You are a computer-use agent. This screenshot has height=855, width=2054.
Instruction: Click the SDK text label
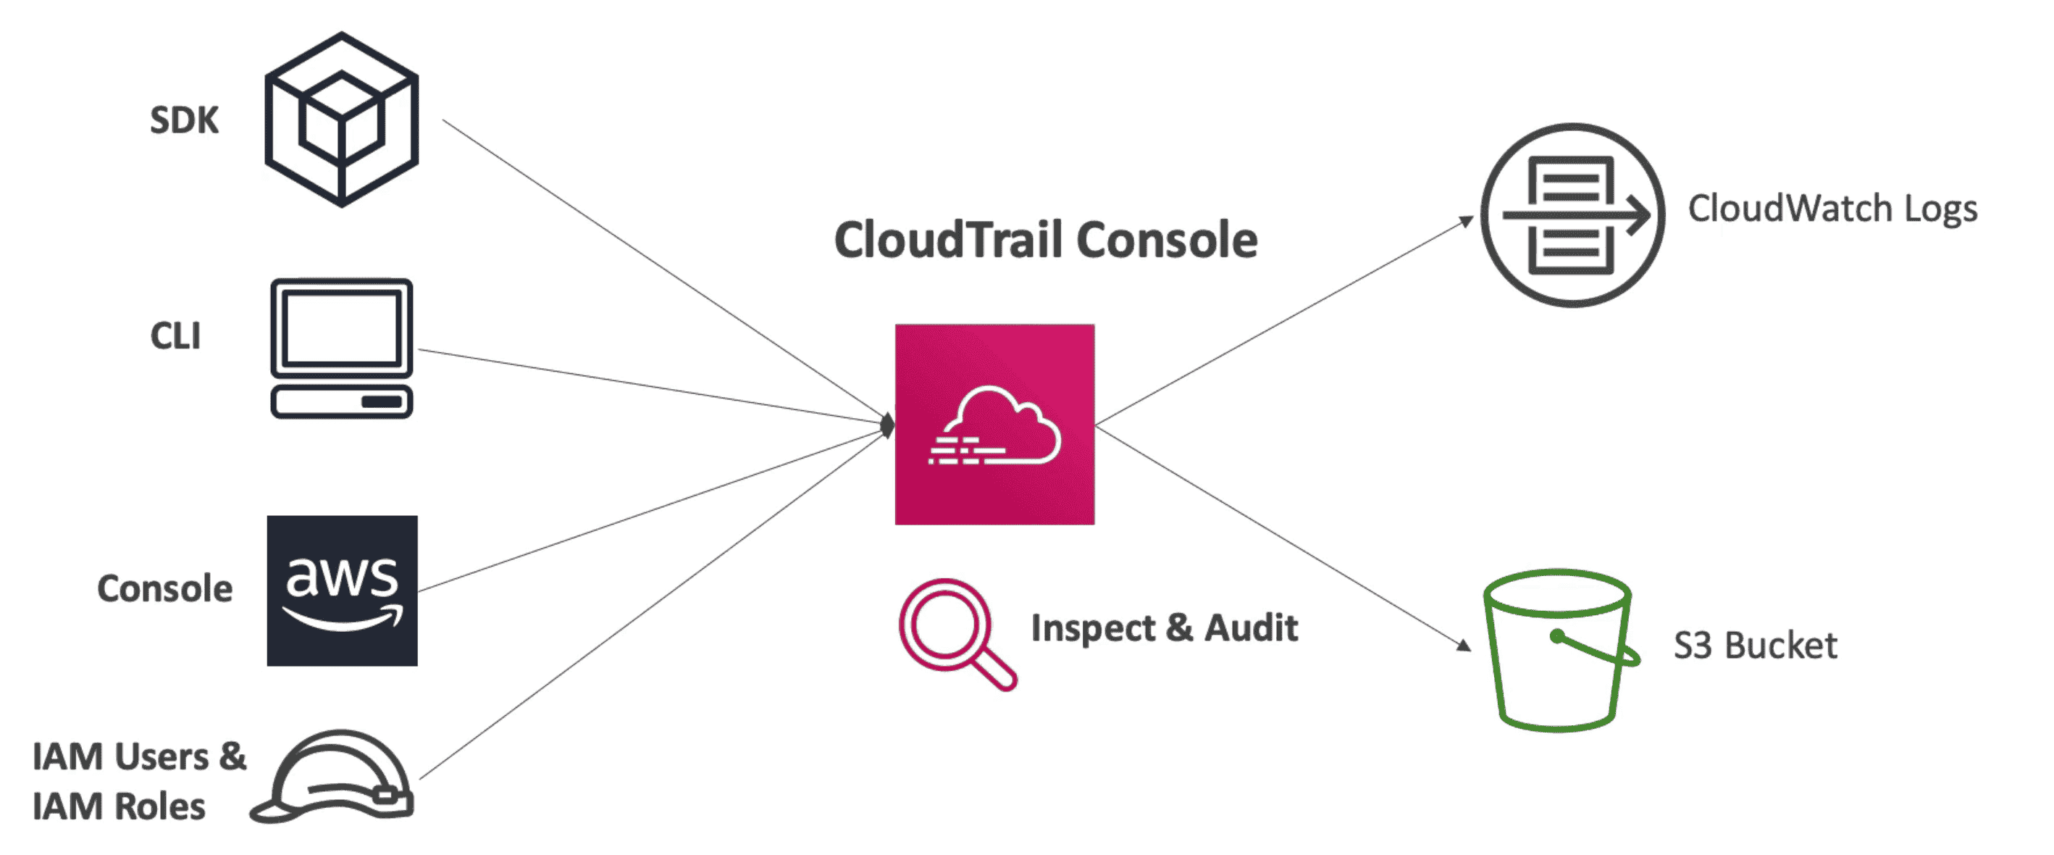[184, 120]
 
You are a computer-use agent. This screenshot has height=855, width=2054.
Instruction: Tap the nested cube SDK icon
[341, 120]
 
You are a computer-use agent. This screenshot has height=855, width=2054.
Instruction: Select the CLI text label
[175, 335]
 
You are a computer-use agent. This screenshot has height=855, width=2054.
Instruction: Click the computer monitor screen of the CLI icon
[341, 328]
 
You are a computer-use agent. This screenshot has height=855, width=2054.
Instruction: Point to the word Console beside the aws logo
[165, 588]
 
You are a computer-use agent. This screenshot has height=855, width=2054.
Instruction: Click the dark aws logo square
[342, 591]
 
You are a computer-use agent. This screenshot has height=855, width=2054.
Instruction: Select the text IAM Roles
[119, 806]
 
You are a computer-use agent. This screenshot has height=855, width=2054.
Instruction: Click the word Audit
[1250, 627]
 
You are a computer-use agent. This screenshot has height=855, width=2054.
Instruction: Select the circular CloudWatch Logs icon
[1572, 214]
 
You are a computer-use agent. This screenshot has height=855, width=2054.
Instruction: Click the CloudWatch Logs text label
[1832, 209]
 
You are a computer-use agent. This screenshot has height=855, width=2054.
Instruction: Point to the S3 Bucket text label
[1754, 646]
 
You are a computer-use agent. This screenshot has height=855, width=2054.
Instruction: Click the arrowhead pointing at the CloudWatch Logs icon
[1467, 221]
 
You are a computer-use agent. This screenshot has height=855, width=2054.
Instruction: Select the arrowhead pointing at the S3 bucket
[1463, 644]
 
